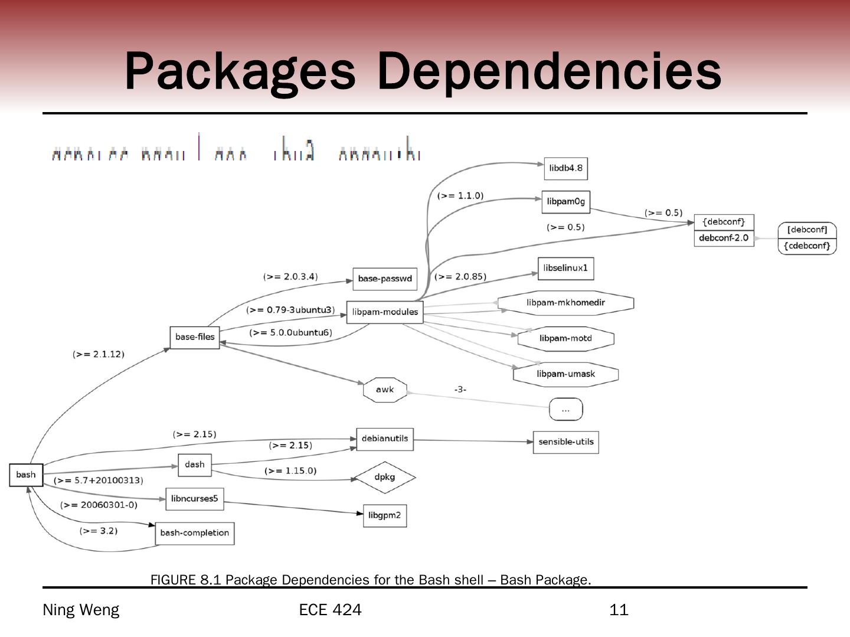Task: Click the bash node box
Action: pyautogui.click(x=26, y=475)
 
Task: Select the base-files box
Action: pyautogui.click(x=195, y=337)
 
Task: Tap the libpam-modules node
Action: pyautogui.click(x=385, y=312)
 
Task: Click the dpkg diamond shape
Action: pyautogui.click(x=385, y=477)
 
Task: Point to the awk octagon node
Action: pyautogui.click(x=385, y=390)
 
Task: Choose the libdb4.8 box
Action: pyautogui.click(x=565, y=169)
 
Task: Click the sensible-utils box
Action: pyautogui.click(x=565, y=442)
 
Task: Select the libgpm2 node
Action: pyautogui.click(x=384, y=515)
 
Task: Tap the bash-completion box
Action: pyautogui.click(x=194, y=533)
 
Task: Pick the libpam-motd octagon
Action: pyautogui.click(x=565, y=339)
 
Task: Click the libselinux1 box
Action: pyautogui.click(x=565, y=268)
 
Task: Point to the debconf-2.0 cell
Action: pyautogui.click(x=724, y=238)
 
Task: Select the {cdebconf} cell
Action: pyautogui.click(x=807, y=246)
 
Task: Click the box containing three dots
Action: pyautogui.click(x=565, y=409)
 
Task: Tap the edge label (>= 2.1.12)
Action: pyautogui.click(x=99, y=354)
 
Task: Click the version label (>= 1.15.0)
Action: pyautogui.click(x=290, y=471)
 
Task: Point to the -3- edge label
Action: pyautogui.click(x=460, y=389)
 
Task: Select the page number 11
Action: pyautogui.click(x=619, y=610)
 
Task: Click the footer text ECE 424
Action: pyautogui.click(x=330, y=610)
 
